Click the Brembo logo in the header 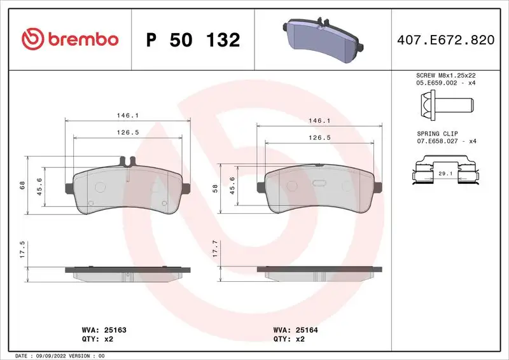70,39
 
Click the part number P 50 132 193,39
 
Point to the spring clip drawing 445,172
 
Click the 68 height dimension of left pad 22,184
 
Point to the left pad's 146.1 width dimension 128,115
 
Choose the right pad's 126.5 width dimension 318,137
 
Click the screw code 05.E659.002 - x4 445,83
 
